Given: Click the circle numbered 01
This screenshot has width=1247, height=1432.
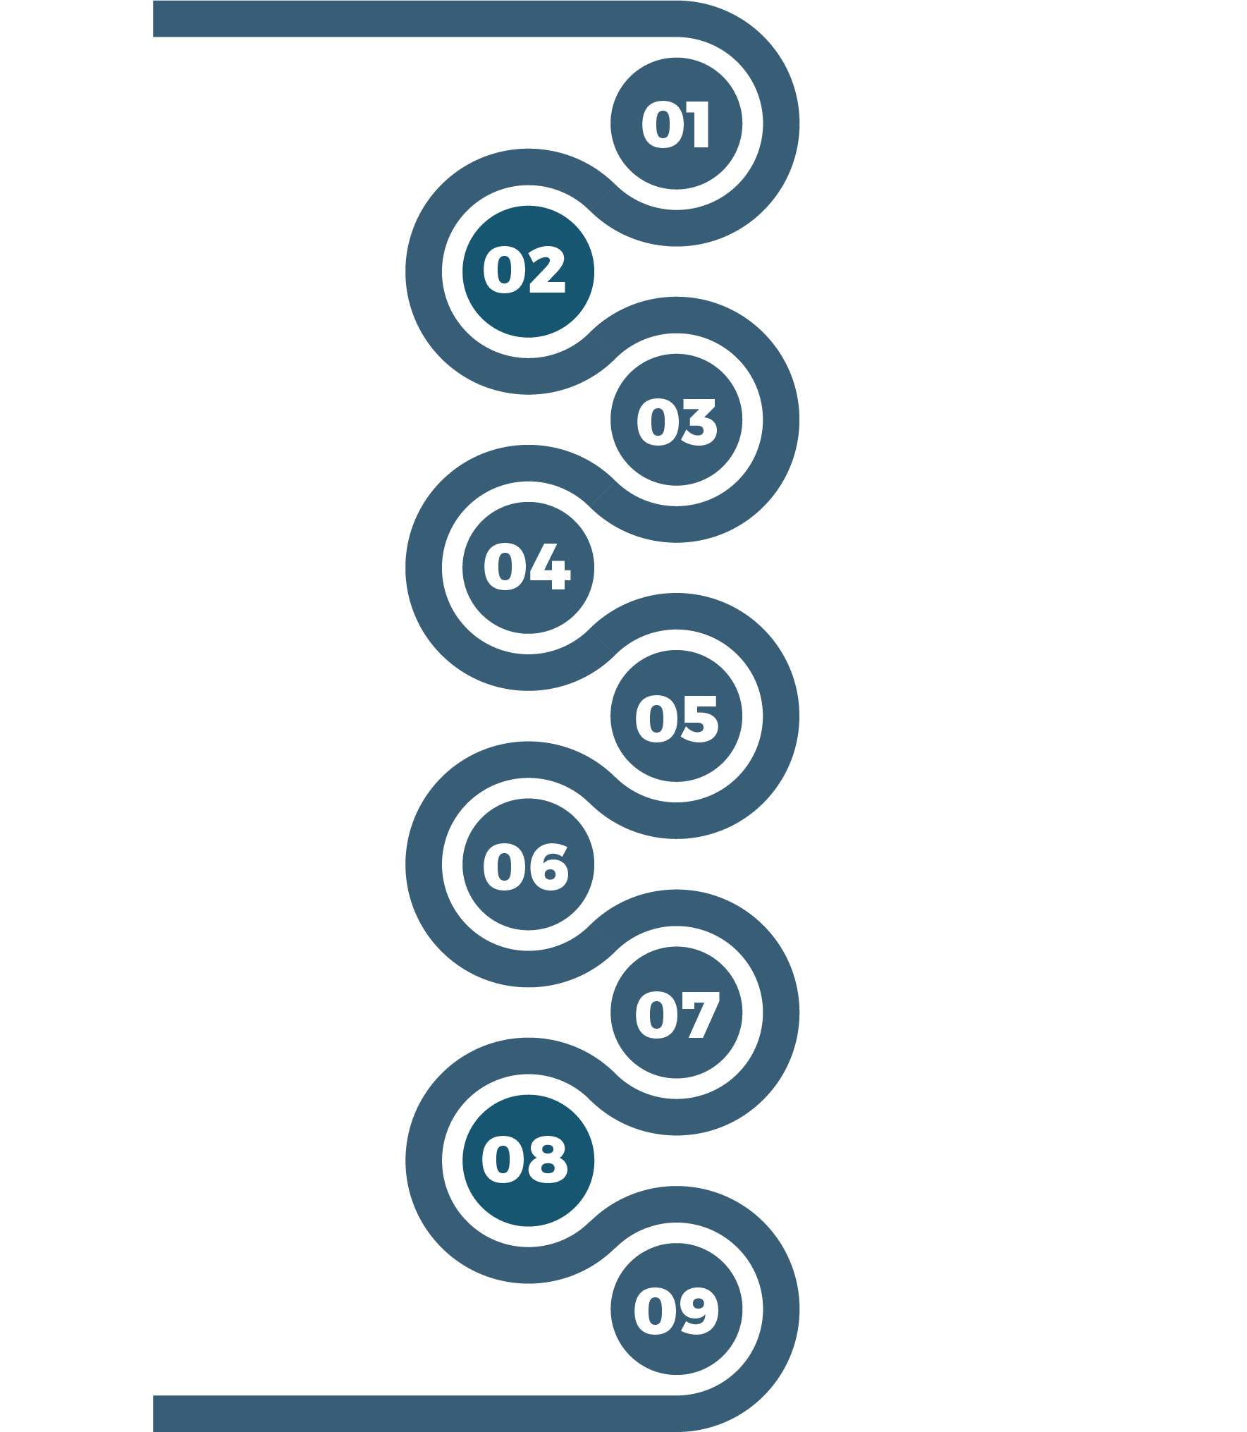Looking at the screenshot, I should [676, 123].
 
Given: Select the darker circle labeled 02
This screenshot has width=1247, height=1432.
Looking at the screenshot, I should [528, 271].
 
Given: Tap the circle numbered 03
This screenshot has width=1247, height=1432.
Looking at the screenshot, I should [676, 420].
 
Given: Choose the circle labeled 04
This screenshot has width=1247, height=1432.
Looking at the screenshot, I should [528, 568].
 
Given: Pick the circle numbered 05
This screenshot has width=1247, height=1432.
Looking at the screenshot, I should [676, 716].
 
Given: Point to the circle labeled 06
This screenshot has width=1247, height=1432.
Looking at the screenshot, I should [528, 864].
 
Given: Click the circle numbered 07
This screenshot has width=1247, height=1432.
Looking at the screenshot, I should [676, 1012].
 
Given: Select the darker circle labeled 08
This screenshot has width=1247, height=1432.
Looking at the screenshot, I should [528, 1161].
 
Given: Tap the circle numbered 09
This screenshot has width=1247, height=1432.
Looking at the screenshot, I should [676, 1309].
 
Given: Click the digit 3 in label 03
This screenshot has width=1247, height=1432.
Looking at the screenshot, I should [697, 422].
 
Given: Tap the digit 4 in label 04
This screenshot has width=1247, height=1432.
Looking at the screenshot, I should [548, 567].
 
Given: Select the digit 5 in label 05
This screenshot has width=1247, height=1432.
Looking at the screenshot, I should [698, 718].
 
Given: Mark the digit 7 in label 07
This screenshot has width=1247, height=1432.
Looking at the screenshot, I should [698, 1015].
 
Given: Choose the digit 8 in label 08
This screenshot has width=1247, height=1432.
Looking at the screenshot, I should [547, 1160].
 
